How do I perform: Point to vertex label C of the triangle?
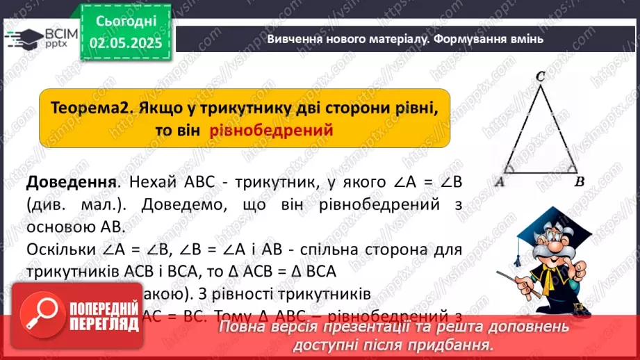click(540, 79)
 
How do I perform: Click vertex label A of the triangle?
click(498, 182)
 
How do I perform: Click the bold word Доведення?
click(70, 182)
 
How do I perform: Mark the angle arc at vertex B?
click(568, 167)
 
